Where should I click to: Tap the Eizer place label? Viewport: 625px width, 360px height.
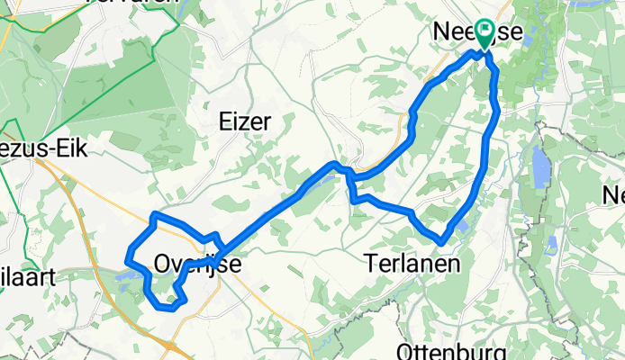246,121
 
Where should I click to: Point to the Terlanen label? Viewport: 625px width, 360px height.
413,262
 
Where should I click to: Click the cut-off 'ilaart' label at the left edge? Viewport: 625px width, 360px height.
27,275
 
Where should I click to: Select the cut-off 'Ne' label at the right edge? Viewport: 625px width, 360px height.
614,194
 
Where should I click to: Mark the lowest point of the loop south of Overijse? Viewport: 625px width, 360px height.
166,308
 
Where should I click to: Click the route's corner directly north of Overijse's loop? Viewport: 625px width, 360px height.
155,215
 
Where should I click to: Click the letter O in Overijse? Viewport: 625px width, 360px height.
161,263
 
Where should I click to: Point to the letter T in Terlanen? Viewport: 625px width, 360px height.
372,262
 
